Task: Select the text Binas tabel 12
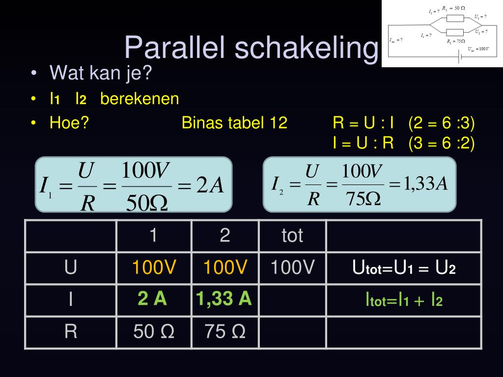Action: coord(234,123)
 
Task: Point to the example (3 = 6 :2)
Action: coord(442,143)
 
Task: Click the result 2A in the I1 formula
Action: coord(210,186)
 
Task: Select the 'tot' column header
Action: coord(292,236)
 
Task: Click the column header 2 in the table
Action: coord(225,236)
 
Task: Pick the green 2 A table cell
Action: coord(153,298)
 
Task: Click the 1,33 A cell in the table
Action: coord(224,298)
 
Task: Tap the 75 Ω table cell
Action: coord(225,332)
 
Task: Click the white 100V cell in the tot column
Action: coord(292,268)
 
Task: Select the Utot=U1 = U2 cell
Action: coord(404,269)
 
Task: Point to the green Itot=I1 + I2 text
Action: coord(404,300)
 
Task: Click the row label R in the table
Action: coord(71,332)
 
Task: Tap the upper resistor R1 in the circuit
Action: coord(455,18)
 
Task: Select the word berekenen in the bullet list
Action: coord(140,99)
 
